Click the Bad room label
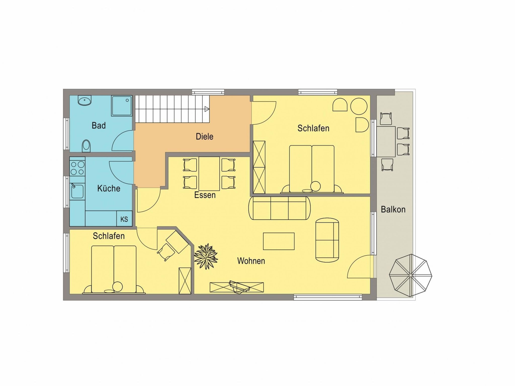pos(99,125)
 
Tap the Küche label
pos(109,188)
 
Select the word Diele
pos(204,136)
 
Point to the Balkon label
pos(393,209)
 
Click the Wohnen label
pos(251,261)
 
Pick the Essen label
pos(205,195)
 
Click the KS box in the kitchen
pos(124,219)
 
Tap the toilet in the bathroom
pos(86,146)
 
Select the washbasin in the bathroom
pos(84,101)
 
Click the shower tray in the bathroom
pos(122,106)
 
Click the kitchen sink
pos(77,191)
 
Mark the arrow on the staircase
pos(207,109)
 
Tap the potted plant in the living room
pos(206,256)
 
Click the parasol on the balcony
pos(410,275)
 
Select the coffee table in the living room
pos(279,241)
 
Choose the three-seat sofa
pos(279,208)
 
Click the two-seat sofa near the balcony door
pos(327,240)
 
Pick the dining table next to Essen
pos(209,174)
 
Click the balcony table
pos(386,142)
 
